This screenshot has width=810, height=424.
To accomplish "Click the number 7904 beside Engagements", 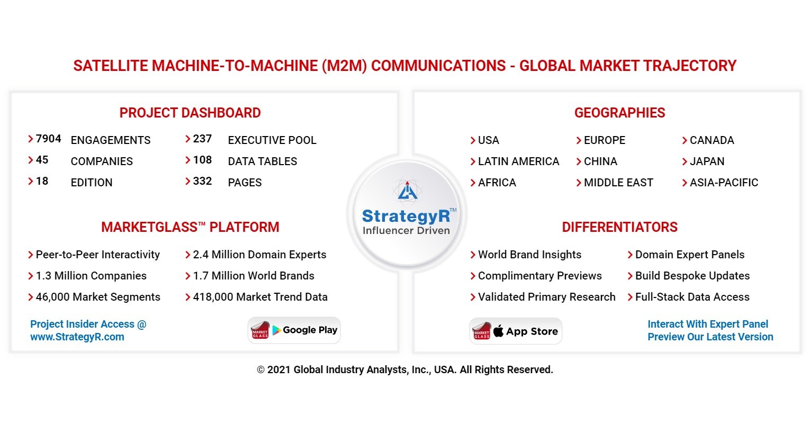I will point(48,139).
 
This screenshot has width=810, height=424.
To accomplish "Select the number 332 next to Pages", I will point(202,182).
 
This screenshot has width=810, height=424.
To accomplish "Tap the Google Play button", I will point(294,330).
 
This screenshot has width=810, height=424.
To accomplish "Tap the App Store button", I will point(516,331).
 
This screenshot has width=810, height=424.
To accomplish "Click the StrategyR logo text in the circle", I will point(406,216).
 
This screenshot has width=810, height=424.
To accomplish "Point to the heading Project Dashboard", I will point(190,113).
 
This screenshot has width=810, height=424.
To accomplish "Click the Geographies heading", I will point(619,113).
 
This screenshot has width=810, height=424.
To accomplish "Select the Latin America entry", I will point(518,161).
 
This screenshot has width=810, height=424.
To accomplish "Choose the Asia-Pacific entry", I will point(724,183).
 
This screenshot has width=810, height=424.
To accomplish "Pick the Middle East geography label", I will point(618,183).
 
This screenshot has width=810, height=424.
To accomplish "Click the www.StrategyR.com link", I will point(77,337).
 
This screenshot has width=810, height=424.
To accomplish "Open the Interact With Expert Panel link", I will point(708,324).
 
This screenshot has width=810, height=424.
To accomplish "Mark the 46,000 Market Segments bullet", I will point(98,297).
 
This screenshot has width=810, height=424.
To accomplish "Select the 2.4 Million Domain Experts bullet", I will point(259,255).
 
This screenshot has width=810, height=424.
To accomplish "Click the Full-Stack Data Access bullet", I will point(692,297).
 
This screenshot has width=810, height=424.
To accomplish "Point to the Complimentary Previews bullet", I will point(539,276).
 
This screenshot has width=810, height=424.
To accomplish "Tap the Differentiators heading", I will point(619,227).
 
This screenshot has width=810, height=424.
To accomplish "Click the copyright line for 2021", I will point(405,370).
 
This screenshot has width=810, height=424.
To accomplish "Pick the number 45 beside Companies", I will point(42,160).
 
